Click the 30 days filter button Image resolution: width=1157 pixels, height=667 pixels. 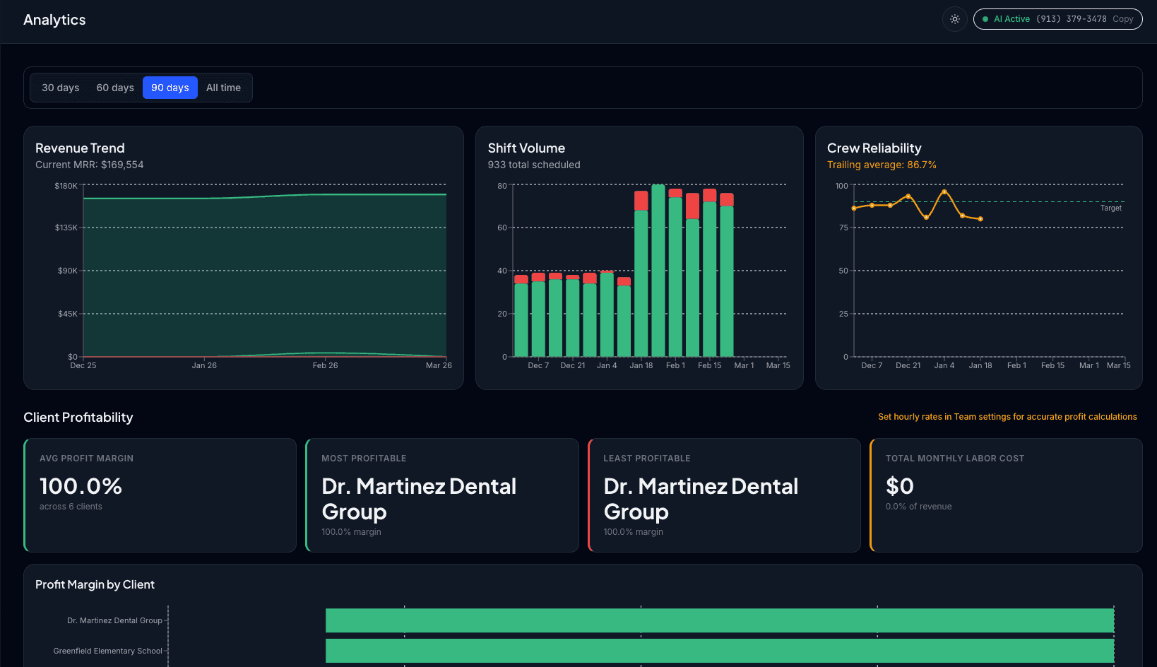click(x=60, y=88)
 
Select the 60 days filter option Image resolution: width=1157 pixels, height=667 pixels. click(x=115, y=88)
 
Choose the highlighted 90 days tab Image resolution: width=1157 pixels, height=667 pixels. click(x=170, y=88)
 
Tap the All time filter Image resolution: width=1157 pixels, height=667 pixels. click(x=223, y=88)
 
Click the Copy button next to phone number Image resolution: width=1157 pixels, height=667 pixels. click(x=1122, y=19)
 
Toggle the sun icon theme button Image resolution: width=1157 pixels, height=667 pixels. click(x=954, y=19)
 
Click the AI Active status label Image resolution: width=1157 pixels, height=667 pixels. click(x=1011, y=19)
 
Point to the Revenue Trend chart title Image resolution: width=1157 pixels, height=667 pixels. click(x=80, y=148)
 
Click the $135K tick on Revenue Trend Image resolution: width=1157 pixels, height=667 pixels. click(x=66, y=228)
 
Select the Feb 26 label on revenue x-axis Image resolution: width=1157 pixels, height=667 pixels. click(x=325, y=365)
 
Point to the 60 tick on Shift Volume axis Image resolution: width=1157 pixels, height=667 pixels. click(x=502, y=228)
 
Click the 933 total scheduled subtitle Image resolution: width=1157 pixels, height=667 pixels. click(x=534, y=165)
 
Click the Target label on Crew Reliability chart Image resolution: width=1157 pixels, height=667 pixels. click(x=1110, y=208)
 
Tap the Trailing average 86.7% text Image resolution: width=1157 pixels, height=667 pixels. click(x=882, y=165)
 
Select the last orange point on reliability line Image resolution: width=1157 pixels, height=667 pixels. click(x=980, y=219)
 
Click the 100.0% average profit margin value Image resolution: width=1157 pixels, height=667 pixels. click(x=81, y=486)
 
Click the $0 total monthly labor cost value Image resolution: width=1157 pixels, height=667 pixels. click(x=899, y=486)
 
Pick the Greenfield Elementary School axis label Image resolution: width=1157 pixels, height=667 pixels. click(x=107, y=651)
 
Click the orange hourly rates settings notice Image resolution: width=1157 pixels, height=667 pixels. click(x=1007, y=417)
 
